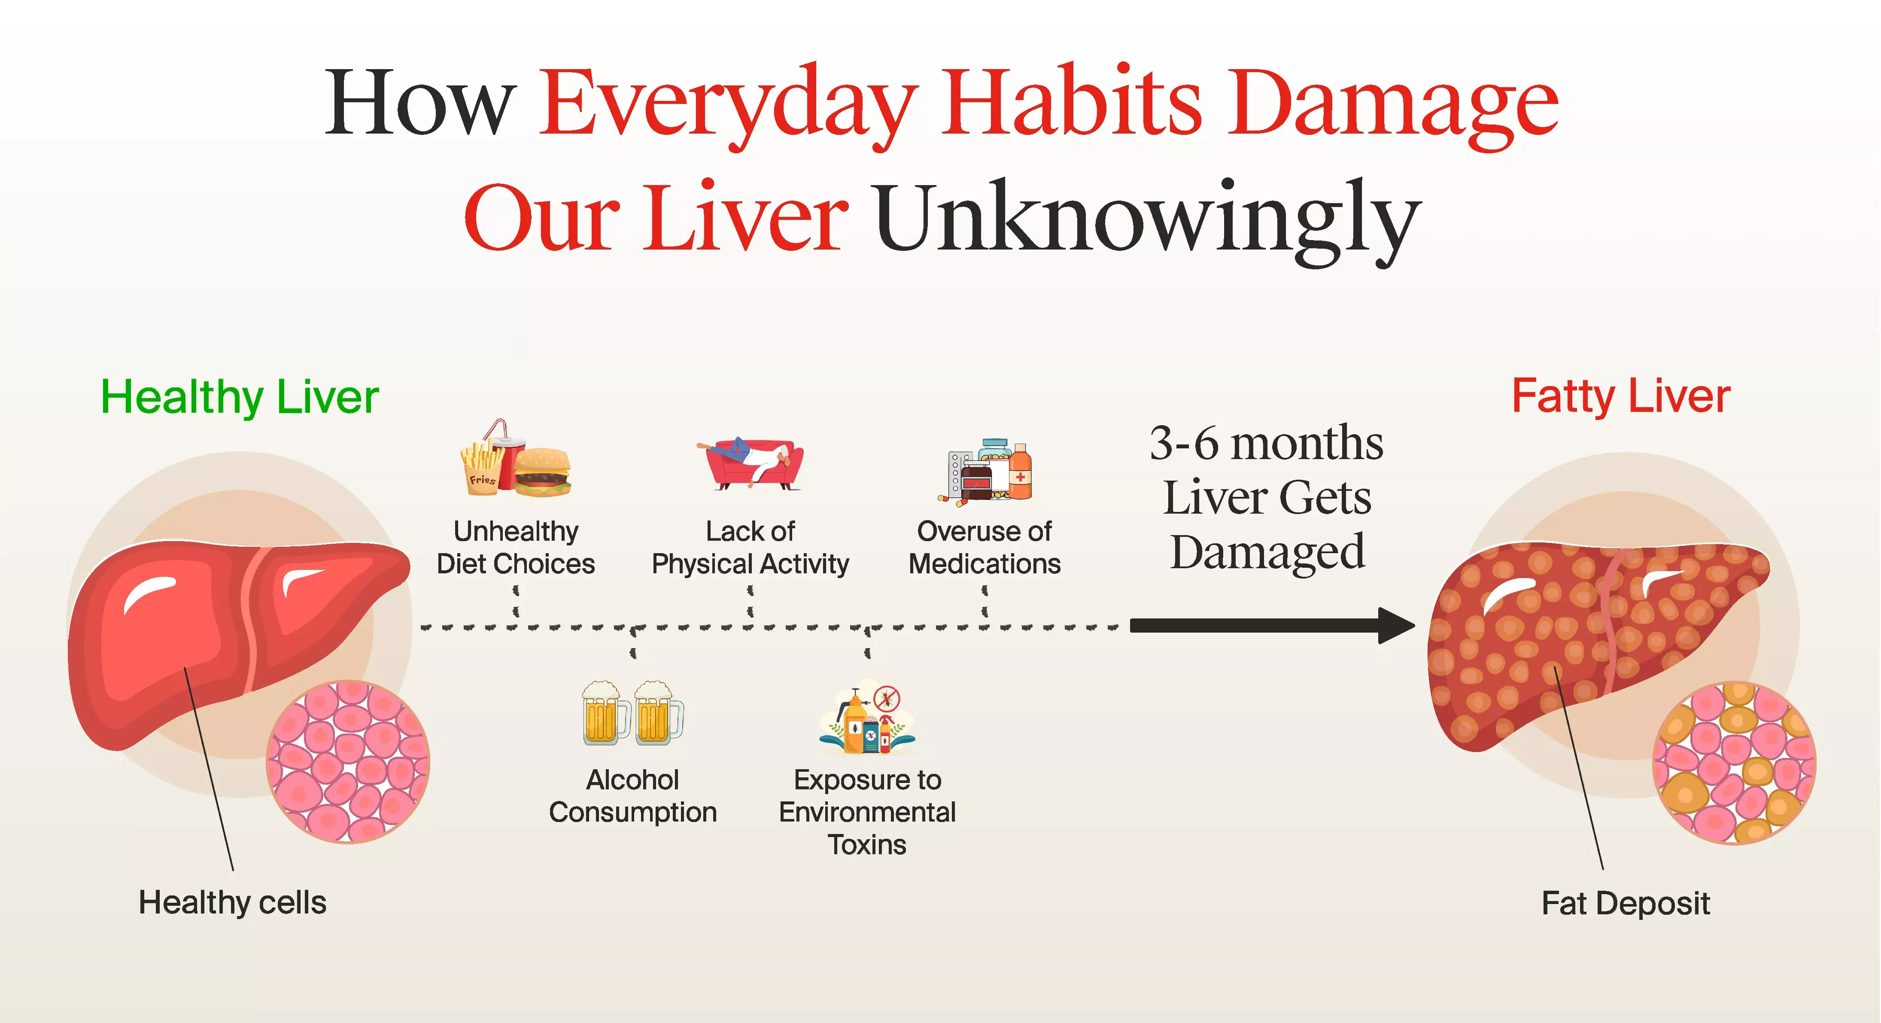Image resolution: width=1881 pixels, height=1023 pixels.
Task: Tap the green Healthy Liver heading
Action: click(240, 397)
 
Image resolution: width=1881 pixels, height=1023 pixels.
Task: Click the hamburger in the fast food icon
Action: click(542, 472)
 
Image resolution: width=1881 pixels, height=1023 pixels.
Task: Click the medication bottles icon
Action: click(986, 471)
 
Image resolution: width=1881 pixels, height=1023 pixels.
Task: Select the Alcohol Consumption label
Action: click(632, 796)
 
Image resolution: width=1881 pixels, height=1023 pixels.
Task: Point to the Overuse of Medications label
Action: click(984, 548)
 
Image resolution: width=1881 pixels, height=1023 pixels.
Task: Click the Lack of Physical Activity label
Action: click(750, 548)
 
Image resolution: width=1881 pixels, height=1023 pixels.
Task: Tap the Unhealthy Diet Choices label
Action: click(515, 548)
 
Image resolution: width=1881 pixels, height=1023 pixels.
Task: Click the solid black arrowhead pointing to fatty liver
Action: click(1396, 626)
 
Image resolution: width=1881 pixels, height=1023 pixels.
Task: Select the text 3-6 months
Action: click(1266, 443)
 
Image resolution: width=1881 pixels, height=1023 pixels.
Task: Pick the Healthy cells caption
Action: click(232, 902)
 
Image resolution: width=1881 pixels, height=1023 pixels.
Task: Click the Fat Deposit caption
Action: click(1625, 904)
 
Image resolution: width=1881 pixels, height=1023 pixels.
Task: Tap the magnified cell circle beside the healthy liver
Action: click(348, 761)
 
